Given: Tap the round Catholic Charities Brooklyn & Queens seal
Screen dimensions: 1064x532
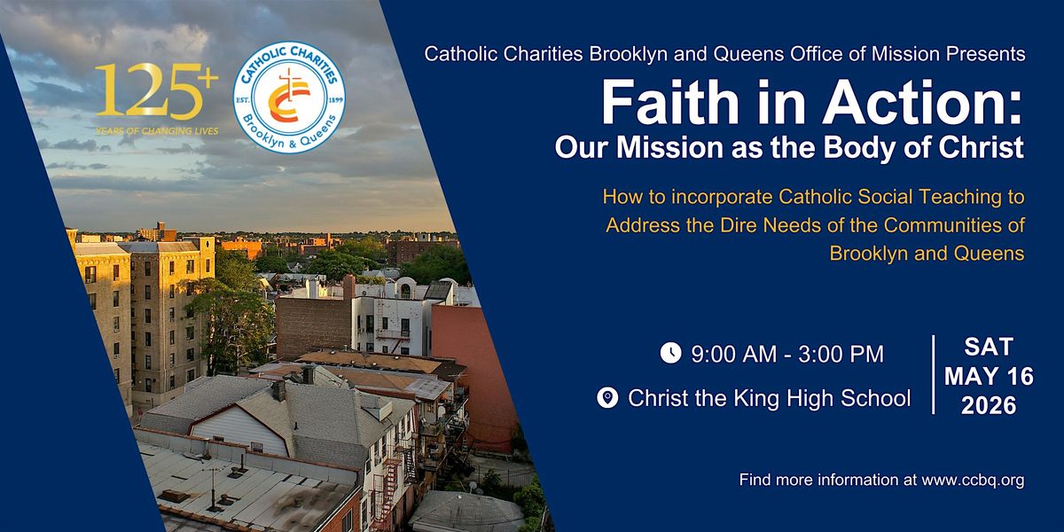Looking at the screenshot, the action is pos(289,98).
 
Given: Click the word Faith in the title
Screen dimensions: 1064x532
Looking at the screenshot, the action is pos(669,102).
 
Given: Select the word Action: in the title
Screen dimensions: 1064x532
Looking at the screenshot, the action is pos(922,102).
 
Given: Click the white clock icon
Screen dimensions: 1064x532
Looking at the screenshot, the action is pos(670,353).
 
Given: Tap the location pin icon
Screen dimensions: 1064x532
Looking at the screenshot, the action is pos(607,397).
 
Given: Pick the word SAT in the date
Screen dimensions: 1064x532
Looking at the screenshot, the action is pos(989,347).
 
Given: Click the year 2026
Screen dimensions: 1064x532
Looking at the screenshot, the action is pos(989,406).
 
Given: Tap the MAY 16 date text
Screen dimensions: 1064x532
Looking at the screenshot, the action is pos(989,377).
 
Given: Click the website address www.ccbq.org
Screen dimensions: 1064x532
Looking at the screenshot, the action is pos(973,481).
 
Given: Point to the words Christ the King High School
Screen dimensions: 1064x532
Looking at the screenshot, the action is pos(770,398).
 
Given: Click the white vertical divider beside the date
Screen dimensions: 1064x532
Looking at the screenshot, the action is pos(934,375).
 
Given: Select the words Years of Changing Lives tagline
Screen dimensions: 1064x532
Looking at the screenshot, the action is pos(157,131).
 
